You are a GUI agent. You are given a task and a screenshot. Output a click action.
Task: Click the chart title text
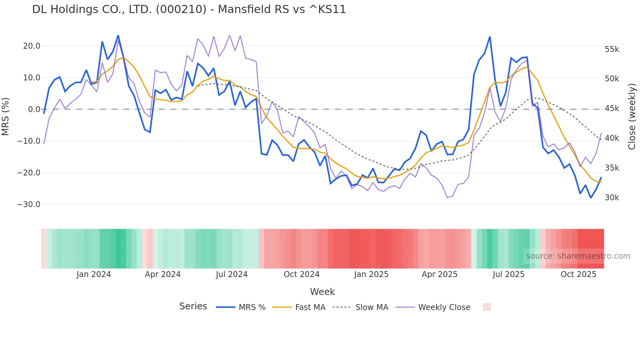pyautogui.click(x=189, y=9)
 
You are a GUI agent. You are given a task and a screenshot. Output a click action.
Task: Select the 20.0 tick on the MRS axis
pyautogui.click(x=32, y=46)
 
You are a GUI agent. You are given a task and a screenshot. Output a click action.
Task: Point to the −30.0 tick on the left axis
pyautogui.click(x=29, y=205)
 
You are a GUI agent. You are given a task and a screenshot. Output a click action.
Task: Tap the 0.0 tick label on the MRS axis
pyautogui.click(x=34, y=109)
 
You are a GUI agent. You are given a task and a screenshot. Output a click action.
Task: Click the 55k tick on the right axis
pyautogui.click(x=612, y=49)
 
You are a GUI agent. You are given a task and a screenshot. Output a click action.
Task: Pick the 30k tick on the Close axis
pyautogui.click(x=612, y=198)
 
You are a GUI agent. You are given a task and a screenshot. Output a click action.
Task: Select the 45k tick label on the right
pyautogui.click(x=612, y=108)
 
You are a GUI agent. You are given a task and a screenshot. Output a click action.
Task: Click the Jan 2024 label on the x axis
pyautogui.click(x=94, y=274)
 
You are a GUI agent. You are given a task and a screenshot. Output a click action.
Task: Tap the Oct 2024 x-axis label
pyautogui.click(x=301, y=274)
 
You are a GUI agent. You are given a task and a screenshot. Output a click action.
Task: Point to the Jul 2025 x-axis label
pyautogui.click(x=508, y=274)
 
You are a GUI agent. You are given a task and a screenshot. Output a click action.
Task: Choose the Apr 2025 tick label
pyautogui.click(x=440, y=274)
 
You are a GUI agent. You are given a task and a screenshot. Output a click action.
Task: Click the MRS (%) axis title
pyautogui.click(x=5, y=117)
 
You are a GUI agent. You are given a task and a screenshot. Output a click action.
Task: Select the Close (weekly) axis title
pyautogui.click(x=632, y=117)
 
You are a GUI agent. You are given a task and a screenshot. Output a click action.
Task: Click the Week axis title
pyautogui.click(x=322, y=292)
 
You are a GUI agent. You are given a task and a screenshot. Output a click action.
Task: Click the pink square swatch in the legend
pyautogui.click(x=487, y=307)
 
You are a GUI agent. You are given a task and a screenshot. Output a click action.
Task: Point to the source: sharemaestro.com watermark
pyautogui.click(x=578, y=256)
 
